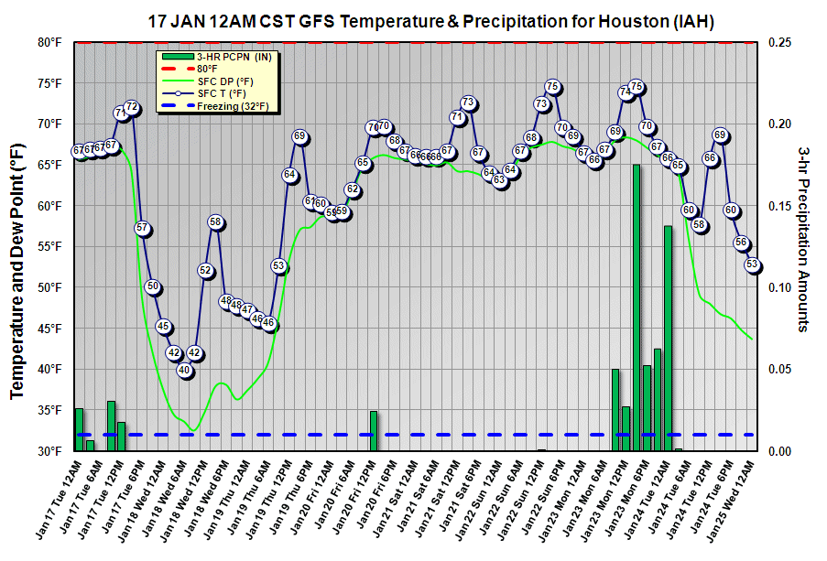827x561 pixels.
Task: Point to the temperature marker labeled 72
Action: pyautogui.click(x=132, y=108)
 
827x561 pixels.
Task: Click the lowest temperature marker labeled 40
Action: pyautogui.click(x=184, y=370)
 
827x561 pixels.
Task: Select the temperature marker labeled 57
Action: pyautogui.click(x=142, y=228)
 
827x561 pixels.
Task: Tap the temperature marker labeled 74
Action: pyautogui.click(x=626, y=92)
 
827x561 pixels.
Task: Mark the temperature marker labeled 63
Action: pyautogui.click(x=500, y=180)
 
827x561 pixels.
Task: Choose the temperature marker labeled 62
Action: pyautogui.click(x=353, y=189)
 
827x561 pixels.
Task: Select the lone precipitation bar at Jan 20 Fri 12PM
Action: pyautogui.click(x=374, y=430)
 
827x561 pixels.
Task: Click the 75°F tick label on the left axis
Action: pyautogui.click(x=49, y=83)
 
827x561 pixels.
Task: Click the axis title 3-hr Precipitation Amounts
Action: pyautogui.click(x=803, y=240)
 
